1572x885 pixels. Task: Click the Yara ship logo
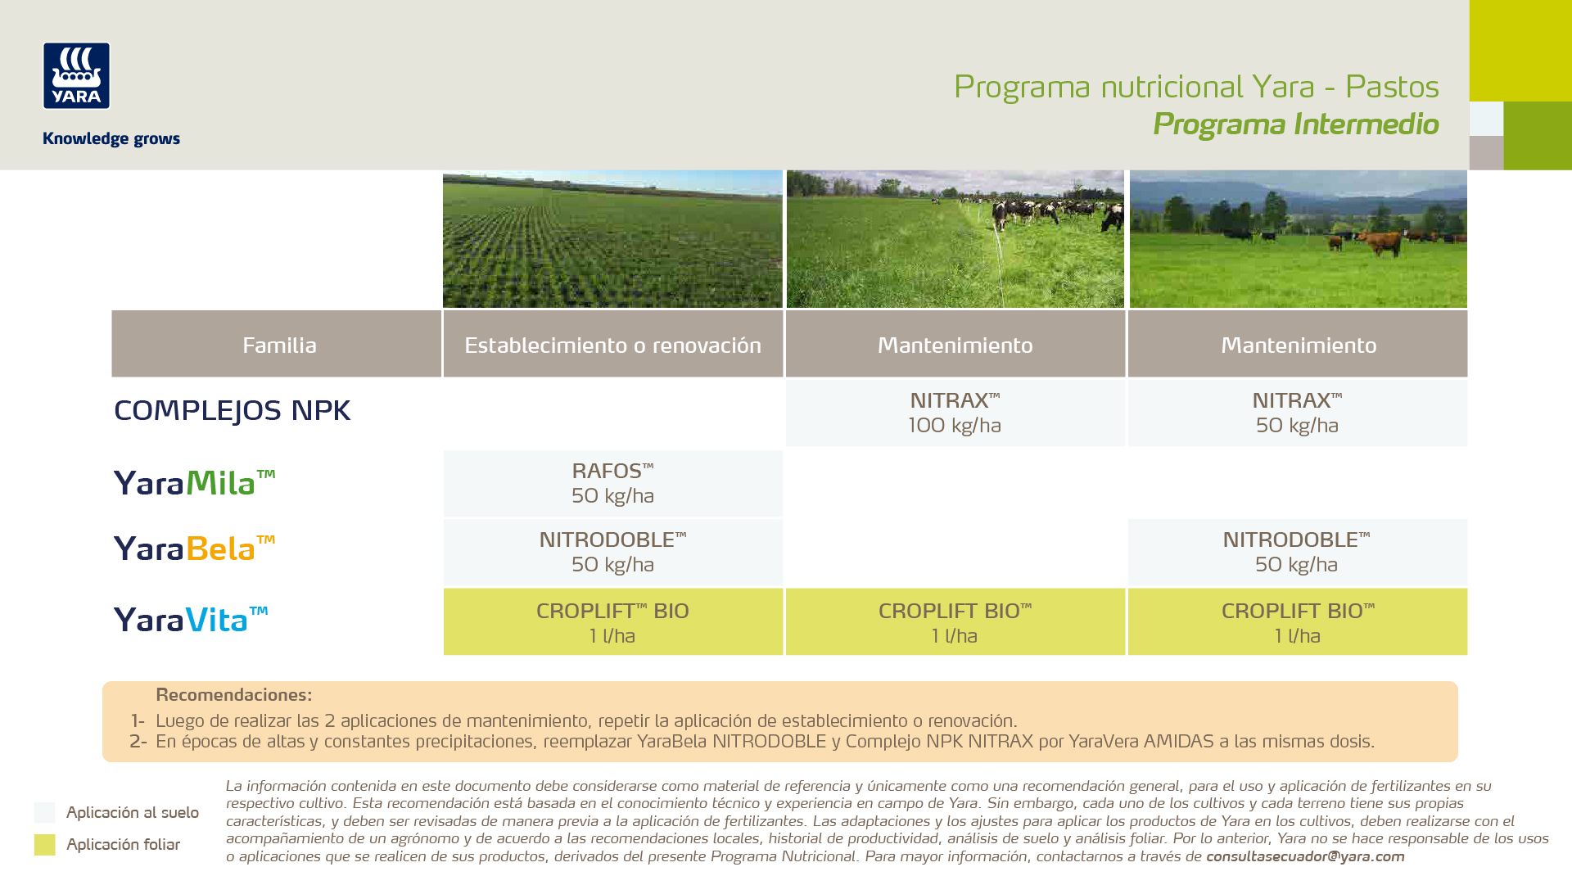[x=76, y=75]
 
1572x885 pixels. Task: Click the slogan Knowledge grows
[x=111, y=139]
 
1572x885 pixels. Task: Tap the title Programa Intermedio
[x=1295, y=124]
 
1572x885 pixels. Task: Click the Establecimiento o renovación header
[x=613, y=344]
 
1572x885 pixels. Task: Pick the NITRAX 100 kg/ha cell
[x=955, y=413]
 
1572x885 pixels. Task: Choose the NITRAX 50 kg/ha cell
[x=1298, y=413]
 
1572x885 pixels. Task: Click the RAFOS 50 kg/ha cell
[x=613, y=483]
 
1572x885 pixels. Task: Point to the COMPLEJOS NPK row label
[x=232, y=410]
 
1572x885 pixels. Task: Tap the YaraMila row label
[x=194, y=482]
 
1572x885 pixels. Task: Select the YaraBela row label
[x=194, y=548]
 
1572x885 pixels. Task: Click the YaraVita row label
[x=191, y=619]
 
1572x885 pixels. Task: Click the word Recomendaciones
[x=233, y=695]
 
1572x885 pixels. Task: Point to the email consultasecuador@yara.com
[x=1305, y=856]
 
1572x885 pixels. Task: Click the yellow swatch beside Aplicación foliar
[x=44, y=845]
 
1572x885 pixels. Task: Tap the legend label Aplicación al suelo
[x=133, y=813]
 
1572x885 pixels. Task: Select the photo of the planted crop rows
[x=612, y=239]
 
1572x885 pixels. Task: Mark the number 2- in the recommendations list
[x=138, y=742]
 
